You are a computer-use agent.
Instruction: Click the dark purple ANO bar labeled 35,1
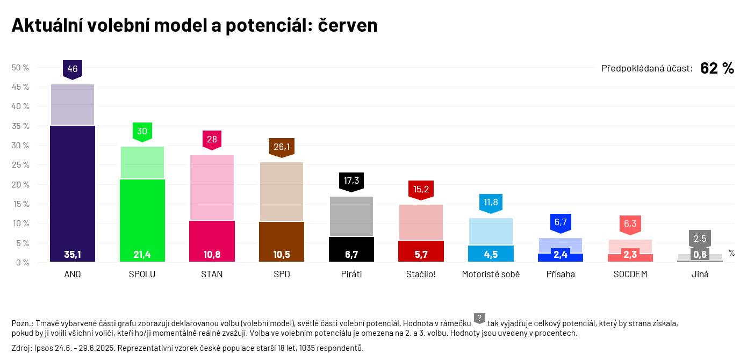(x=73, y=193)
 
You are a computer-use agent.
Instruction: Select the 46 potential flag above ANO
(x=73, y=69)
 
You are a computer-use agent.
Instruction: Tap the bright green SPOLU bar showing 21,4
(x=142, y=220)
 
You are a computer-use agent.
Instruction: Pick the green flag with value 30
(x=142, y=131)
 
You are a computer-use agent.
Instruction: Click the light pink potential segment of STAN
(x=212, y=188)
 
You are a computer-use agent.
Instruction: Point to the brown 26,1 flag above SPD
(x=282, y=147)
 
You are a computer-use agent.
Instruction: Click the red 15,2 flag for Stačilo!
(x=421, y=189)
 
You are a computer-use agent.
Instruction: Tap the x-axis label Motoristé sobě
(x=491, y=274)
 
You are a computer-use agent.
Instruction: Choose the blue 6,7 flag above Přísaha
(x=561, y=222)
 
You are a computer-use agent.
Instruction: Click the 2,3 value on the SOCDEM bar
(x=630, y=255)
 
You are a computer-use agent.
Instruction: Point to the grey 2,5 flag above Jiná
(x=700, y=238)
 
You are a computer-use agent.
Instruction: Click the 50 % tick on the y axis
(x=20, y=67)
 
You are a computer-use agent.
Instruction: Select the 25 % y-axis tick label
(x=20, y=165)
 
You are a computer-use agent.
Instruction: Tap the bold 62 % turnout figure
(x=717, y=68)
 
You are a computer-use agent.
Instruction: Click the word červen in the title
(x=348, y=25)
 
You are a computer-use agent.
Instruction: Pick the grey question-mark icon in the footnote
(x=479, y=318)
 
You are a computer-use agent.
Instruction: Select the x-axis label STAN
(x=212, y=274)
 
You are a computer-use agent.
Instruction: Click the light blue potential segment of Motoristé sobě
(x=491, y=232)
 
